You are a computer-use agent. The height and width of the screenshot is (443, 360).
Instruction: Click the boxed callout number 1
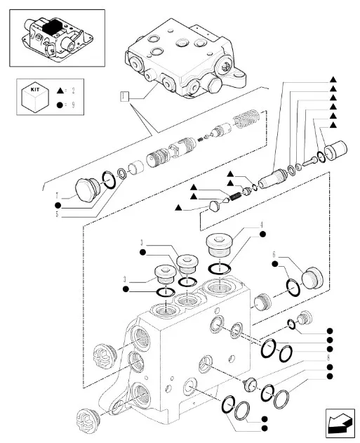click(124, 95)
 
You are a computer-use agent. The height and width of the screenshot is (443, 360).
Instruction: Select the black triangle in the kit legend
click(60, 91)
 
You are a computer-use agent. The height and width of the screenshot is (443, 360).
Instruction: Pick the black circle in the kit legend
click(60, 106)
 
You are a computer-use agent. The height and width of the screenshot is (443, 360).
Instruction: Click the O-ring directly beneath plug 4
click(220, 267)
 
